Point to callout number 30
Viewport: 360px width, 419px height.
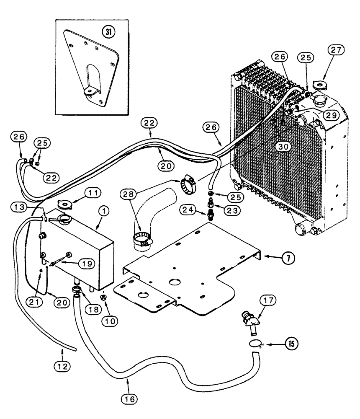283,147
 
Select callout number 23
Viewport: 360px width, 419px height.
229,212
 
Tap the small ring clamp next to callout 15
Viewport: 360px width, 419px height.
255,344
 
